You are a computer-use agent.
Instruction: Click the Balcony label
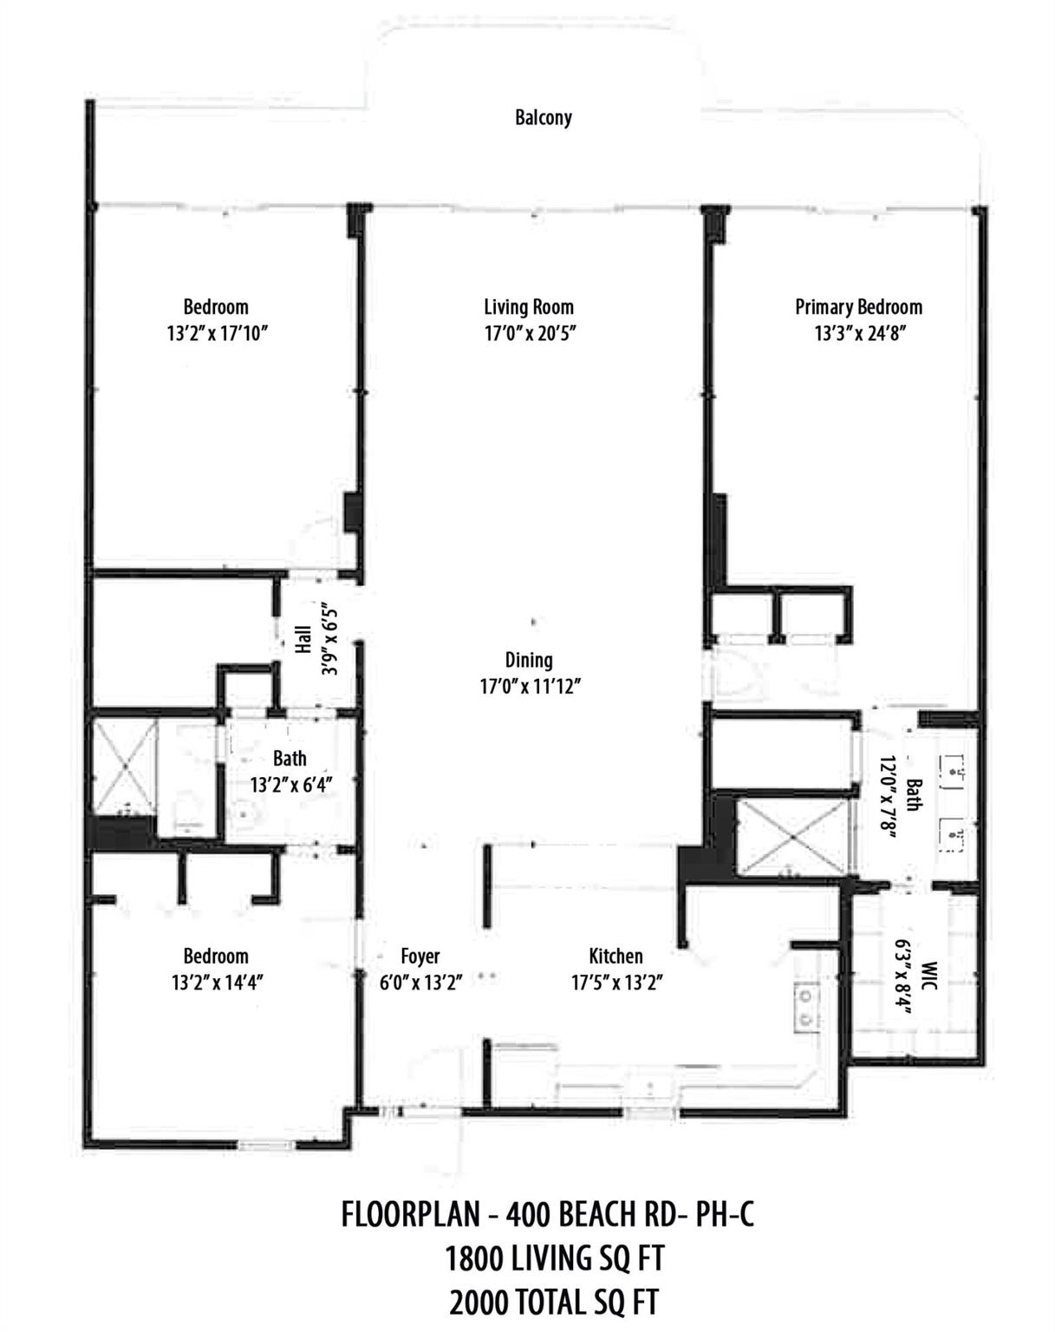coord(544,117)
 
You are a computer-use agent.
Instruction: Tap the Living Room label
coord(529,307)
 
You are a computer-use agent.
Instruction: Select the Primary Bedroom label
coord(858,307)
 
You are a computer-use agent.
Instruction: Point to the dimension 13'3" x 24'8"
coord(860,334)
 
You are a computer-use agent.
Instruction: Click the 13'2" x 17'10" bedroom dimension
coord(216,334)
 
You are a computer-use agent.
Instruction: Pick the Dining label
coord(529,660)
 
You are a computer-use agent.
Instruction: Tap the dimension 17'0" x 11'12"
coord(529,687)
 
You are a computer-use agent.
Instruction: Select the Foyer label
coord(420,957)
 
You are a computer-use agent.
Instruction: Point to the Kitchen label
coord(615,957)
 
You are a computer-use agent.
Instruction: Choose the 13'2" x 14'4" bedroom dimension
coord(216,983)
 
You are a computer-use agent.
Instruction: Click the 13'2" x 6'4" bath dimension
coord(291,785)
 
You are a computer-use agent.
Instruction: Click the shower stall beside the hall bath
coord(124,765)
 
